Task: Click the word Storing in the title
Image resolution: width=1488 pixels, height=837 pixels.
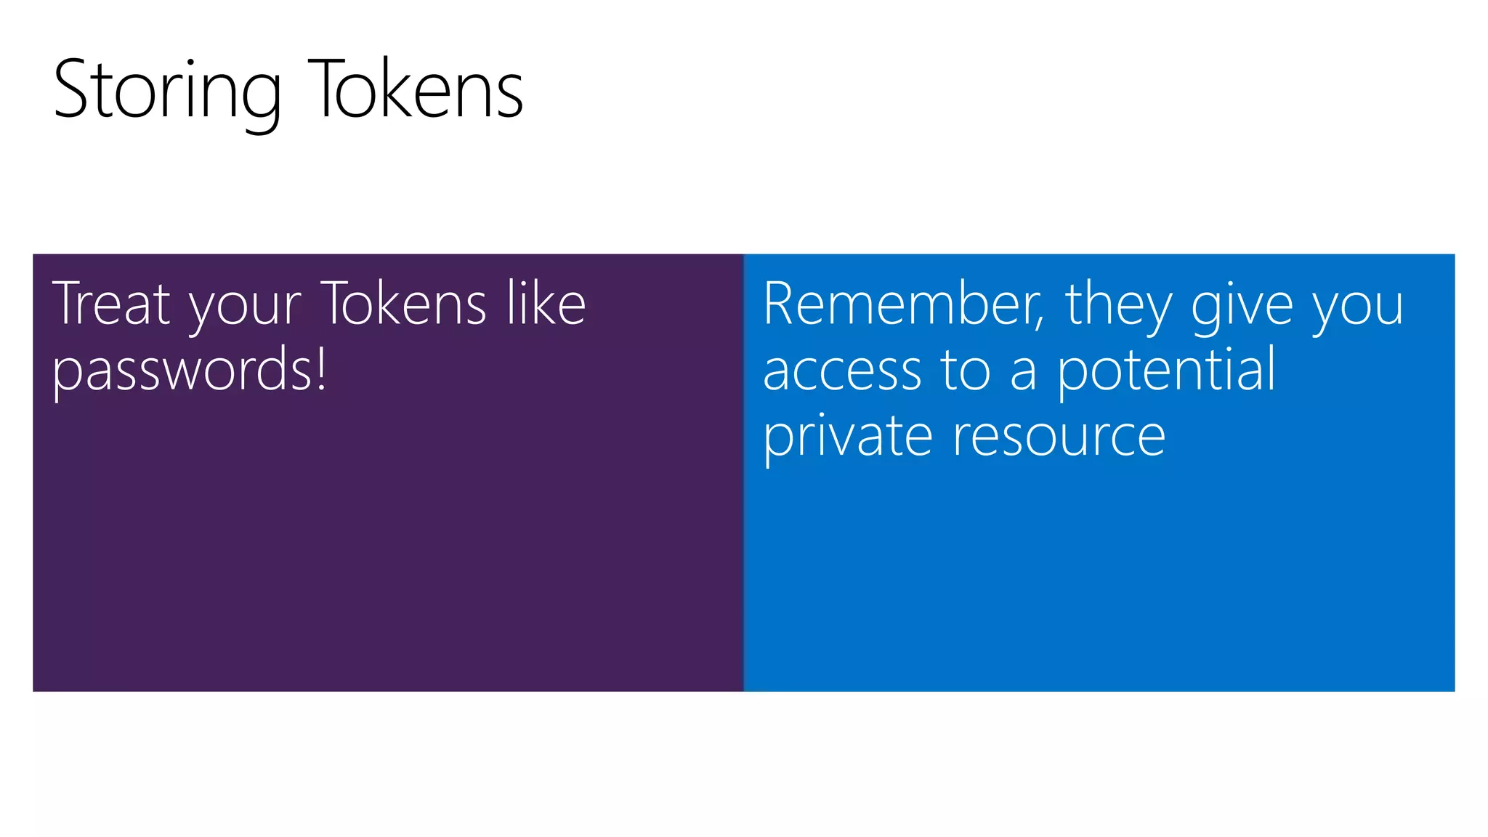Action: coord(167,90)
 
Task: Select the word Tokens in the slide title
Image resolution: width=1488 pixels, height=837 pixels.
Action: coord(416,90)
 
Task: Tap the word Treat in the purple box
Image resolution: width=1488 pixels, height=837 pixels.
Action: coord(111,304)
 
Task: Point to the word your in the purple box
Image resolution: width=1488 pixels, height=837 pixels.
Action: coord(245,307)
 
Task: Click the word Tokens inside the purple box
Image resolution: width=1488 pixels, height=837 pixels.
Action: coord(403,304)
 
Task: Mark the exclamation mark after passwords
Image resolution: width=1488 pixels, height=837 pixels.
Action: coord(320,368)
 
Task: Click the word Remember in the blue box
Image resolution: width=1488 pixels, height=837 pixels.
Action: coord(899,304)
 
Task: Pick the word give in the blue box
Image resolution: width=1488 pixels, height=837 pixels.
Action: coord(1242,307)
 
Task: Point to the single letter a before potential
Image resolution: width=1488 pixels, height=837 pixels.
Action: coord(1023,372)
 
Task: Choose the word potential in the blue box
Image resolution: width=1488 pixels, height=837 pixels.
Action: coord(1165,369)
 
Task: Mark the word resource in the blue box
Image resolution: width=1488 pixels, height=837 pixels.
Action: coord(1059,437)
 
